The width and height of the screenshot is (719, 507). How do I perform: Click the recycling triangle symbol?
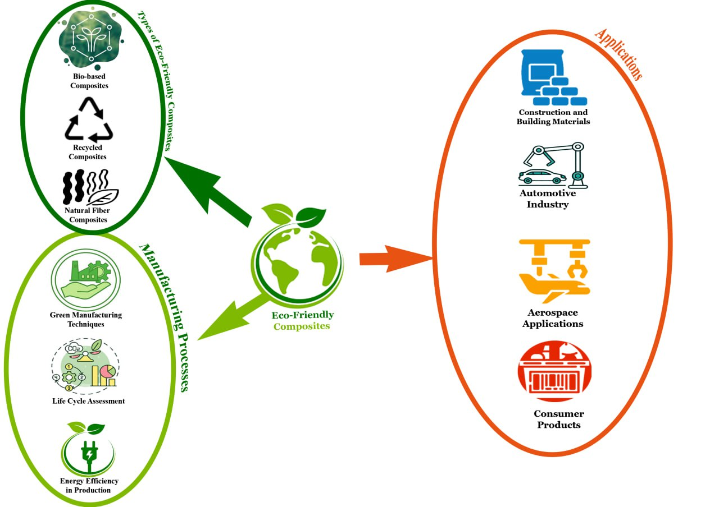point(89,120)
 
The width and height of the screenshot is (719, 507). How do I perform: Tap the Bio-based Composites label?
point(89,81)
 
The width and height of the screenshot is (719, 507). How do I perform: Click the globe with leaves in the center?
point(297,255)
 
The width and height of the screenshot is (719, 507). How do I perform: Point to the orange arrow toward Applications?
point(393,258)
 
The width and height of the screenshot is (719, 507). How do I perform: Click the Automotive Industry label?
point(548,199)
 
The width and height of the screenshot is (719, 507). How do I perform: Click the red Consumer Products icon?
point(554,372)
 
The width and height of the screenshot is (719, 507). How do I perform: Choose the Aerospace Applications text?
point(553,318)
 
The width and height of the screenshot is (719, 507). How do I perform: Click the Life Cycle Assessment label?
point(89,401)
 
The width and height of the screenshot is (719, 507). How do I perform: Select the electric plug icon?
point(89,451)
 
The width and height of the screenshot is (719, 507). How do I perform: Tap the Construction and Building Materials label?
point(553,117)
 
